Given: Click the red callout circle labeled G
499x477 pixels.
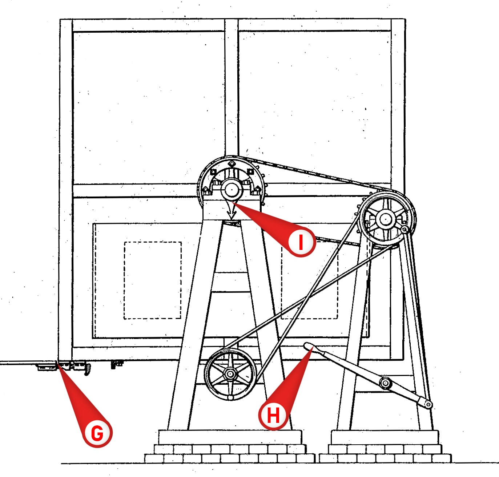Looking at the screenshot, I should [x=97, y=433].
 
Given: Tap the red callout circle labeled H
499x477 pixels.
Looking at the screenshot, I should [x=274, y=415].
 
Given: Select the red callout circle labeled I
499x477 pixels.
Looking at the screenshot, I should [x=301, y=242].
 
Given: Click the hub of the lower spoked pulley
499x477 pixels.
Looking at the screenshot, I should [x=230, y=373].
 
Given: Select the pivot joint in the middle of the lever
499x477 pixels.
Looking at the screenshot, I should [x=385, y=383].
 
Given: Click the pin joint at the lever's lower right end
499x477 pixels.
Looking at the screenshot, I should [x=428, y=404].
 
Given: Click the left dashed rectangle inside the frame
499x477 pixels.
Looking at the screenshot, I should [x=153, y=280].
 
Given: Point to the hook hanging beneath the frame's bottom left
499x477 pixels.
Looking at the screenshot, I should [x=86, y=370].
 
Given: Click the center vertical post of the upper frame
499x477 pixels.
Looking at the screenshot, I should [x=231, y=91].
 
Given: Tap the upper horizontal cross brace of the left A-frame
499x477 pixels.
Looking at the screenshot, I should [x=231, y=282].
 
